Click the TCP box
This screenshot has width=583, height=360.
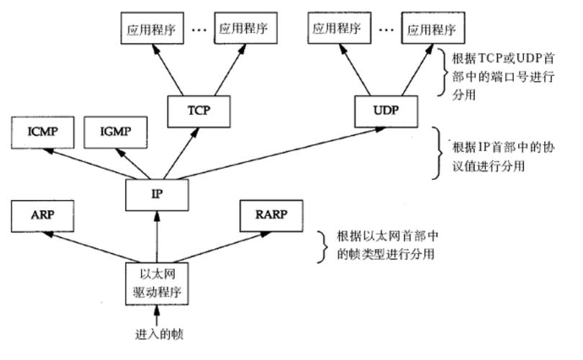[x=198, y=110]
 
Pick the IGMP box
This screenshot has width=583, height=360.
[x=116, y=133]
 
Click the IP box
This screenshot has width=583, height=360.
[x=156, y=193]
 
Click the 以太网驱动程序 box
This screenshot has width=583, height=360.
[x=156, y=283]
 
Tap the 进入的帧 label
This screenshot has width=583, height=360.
[x=156, y=335]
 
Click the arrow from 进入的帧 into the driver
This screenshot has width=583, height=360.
[x=156, y=316]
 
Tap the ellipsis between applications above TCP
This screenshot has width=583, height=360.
[x=199, y=30]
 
